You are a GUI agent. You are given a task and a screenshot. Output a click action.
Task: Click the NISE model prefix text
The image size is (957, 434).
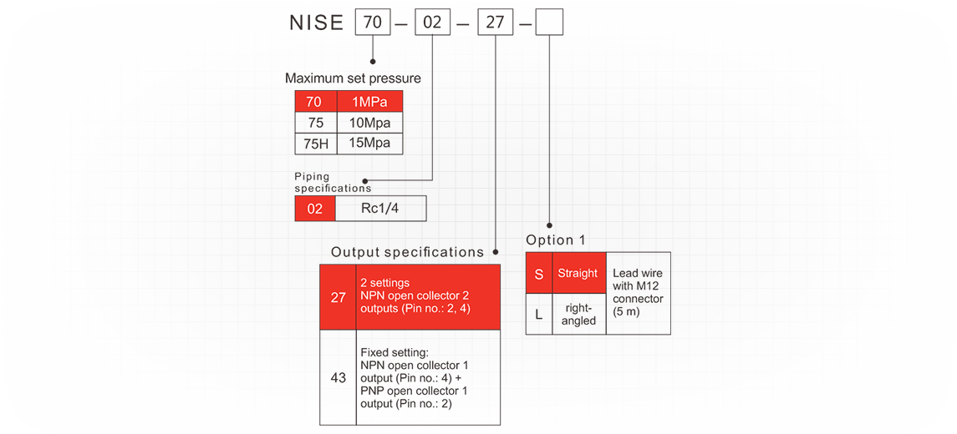coord(316,23)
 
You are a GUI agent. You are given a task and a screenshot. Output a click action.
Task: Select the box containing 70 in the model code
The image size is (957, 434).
coord(373,22)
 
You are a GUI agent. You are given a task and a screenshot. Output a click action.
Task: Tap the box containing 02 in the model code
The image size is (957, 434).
coord(432,22)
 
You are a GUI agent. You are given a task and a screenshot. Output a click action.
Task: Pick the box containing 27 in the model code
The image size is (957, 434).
coord(496,22)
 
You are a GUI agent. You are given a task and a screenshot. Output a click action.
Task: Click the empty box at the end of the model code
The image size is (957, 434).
coord(549,22)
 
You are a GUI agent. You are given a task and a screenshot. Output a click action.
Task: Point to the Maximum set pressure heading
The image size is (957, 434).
coord(353,78)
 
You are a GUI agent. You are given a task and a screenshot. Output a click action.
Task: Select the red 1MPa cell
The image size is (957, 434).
coord(370,102)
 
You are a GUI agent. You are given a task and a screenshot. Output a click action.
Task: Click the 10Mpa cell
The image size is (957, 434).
coord(370,123)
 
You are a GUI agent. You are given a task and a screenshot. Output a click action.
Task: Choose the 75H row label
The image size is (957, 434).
coord(316,144)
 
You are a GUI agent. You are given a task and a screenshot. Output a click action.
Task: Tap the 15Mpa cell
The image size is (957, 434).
coord(370,144)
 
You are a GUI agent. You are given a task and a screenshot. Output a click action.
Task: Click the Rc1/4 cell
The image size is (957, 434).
coord(380,209)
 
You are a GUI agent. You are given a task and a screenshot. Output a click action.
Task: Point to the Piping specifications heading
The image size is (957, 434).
coord(333,183)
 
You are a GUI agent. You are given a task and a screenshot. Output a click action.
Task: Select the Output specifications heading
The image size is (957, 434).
coord(407,252)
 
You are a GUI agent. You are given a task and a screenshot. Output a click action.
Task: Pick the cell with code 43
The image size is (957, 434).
coord(338,377)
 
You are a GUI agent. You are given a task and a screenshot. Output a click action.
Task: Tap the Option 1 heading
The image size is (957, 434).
coord(556,240)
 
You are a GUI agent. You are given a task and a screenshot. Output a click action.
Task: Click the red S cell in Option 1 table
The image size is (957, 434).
coord(539,274)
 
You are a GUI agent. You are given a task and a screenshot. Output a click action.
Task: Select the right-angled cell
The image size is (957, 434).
coord(578,315)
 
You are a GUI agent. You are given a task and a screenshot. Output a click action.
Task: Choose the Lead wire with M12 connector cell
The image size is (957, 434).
coord(638,293)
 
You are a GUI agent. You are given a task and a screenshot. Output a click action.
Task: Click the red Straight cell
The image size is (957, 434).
coord(578,274)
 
